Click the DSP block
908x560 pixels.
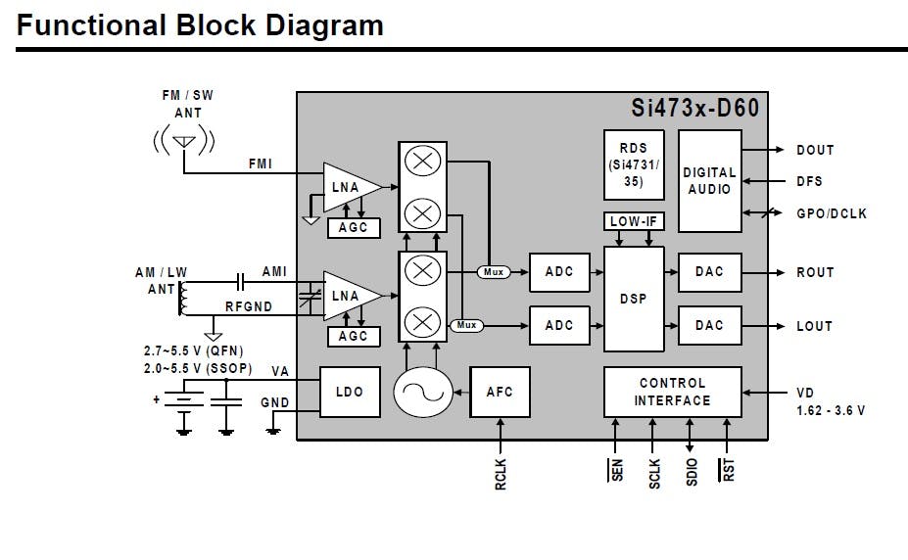634,299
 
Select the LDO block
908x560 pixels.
350,392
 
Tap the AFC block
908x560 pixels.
500,392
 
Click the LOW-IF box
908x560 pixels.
634,221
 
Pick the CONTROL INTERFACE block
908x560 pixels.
672,392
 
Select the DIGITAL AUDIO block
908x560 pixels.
710,181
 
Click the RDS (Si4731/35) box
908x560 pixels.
634,164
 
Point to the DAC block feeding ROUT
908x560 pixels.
710,272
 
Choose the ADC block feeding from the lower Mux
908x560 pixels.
559,325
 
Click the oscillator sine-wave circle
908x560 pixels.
423,392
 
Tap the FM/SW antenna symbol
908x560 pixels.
184,141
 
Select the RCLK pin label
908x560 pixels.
501,475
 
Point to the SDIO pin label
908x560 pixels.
692,472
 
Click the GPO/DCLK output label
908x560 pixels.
832,213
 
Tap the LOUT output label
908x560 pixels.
814,326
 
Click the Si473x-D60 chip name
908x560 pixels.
694,108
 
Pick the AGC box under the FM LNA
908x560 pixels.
354,227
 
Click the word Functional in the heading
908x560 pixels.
91,24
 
